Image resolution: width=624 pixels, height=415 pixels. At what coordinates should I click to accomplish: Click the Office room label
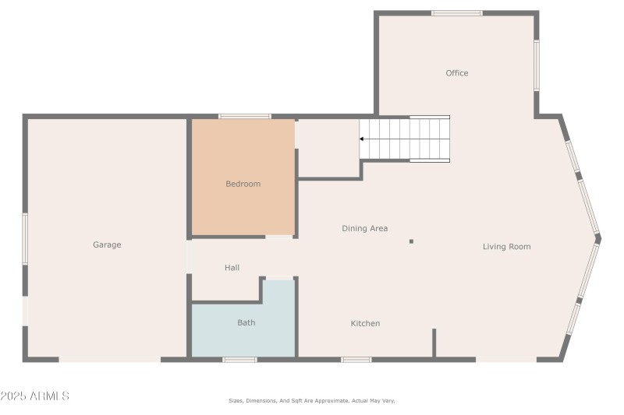[x=457, y=73]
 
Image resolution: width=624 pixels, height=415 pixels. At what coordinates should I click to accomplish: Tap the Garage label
[x=107, y=244]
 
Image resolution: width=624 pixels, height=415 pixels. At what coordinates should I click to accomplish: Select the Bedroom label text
[x=243, y=184]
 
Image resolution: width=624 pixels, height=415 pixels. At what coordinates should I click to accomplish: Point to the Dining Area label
[x=364, y=228]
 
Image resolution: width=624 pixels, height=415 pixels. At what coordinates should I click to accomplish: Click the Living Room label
[x=506, y=247]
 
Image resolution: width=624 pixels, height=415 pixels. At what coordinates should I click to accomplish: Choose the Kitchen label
[x=365, y=323]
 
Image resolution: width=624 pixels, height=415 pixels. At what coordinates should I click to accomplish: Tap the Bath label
[x=246, y=322]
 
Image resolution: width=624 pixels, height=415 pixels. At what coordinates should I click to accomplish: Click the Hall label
[x=232, y=268]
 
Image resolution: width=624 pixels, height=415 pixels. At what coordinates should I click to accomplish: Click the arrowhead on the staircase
[x=363, y=139]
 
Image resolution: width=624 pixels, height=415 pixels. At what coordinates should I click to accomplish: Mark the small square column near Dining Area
[x=411, y=241]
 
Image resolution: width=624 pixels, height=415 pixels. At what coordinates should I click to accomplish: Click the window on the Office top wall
[x=457, y=13]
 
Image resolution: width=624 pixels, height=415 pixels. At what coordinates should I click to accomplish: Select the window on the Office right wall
[x=537, y=65]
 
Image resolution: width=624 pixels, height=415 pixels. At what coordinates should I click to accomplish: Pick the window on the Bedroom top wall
[x=244, y=116]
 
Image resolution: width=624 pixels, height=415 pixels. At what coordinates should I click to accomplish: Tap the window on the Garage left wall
[x=25, y=239]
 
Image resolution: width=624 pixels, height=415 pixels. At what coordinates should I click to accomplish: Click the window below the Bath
[x=239, y=360]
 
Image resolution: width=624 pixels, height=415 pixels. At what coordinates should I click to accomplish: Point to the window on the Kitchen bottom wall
[x=356, y=360]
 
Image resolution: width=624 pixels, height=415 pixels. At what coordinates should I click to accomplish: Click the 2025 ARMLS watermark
[x=35, y=396]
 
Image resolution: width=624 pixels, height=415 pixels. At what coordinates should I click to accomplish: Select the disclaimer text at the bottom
[x=311, y=400]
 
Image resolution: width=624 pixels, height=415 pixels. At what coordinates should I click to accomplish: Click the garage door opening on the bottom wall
[x=109, y=360]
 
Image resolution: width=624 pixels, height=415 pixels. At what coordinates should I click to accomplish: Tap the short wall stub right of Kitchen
[x=434, y=343]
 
